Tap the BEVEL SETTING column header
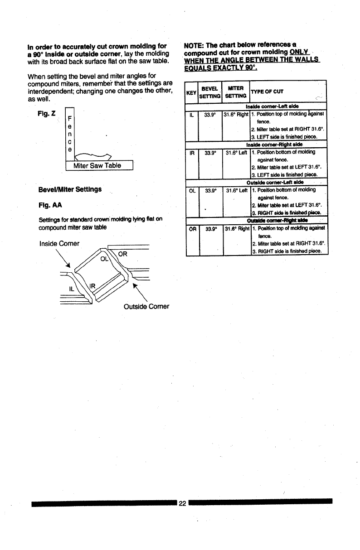click(x=210, y=92)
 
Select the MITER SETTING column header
click(x=236, y=92)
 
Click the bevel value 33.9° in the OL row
click(x=210, y=191)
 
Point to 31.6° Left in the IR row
click(x=237, y=153)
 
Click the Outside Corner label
click(x=146, y=307)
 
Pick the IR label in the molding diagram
click(x=92, y=286)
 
